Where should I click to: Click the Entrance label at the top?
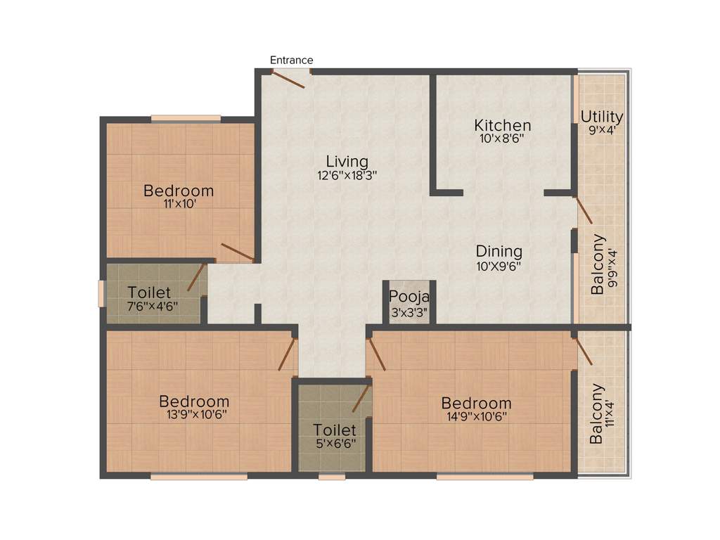(291, 60)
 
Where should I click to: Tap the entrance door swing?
(289, 79)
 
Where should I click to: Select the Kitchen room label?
(502, 126)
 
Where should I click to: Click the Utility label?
(601, 117)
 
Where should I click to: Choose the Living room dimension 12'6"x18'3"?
(347, 176)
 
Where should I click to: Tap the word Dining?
(499, 252)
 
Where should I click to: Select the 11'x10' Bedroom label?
(179, 191)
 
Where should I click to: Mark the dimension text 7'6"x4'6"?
(153, 306)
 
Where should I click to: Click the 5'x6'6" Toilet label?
(334, 430)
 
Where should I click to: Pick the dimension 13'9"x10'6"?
(193, 415)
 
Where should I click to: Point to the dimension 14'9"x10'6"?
(475, 416)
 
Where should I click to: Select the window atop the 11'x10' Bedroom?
(186, 118)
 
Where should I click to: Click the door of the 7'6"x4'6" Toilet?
(196, 277)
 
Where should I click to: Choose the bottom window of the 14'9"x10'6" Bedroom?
(484, 476)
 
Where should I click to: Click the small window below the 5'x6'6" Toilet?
(332, 476)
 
